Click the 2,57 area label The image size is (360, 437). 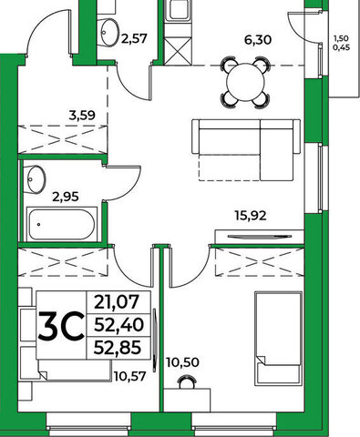(134, 38)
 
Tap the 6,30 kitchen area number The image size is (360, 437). (258, 40)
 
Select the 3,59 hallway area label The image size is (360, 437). (82, 116)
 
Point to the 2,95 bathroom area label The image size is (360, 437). (66, 197)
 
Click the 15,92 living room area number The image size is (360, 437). (251, 216)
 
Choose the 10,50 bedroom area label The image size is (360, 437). (182, 362)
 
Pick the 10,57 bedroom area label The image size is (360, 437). (130, 376)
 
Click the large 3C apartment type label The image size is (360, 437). (61, 326)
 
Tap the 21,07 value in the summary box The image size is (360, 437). (117, 302)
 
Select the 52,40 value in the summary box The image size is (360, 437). (118, 325)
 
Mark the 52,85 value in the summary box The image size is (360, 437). (118, 348)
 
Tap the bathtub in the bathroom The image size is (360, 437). (62, 224)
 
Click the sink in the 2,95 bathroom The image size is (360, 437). (36, 179)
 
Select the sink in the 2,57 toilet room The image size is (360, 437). (108, 32)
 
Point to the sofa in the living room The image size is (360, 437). (246, 149)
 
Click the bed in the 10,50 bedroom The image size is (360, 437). (279, 338)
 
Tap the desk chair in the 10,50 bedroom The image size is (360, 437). (187, 382)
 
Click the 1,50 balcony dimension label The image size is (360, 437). (342, 38)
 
